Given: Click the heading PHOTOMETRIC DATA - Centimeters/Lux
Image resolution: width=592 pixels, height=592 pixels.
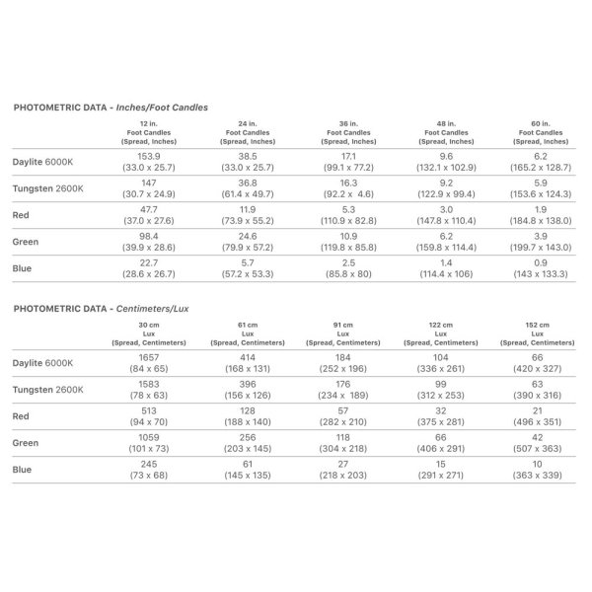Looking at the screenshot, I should click(102, 309).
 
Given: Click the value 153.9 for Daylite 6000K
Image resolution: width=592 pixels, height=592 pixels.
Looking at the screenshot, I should click(148, 156).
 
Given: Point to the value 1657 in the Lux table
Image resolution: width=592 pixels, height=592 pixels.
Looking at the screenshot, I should click(148, 354).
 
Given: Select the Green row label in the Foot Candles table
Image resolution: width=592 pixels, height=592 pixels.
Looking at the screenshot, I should click(27, 241).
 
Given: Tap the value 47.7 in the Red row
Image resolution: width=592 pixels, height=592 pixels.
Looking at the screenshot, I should click(148, 209).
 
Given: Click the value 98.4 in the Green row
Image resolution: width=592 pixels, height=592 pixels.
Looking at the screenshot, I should click(148, 236).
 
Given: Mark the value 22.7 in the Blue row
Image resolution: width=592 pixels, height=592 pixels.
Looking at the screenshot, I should click(148, 262).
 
